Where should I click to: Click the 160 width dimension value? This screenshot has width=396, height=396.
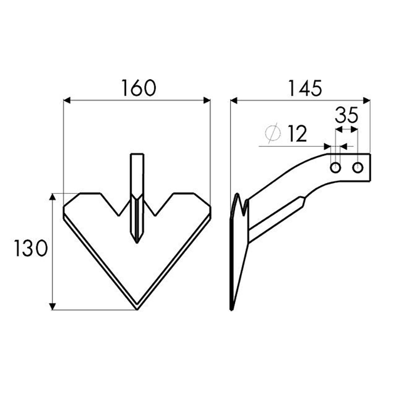click(x=139, y=88)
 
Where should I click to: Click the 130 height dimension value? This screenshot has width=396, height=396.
click(x=31, y=248)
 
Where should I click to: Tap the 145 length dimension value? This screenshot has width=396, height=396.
click(x=305, y=88)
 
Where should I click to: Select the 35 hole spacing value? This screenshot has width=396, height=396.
click(x=346, y=115)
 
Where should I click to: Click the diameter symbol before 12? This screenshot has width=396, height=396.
click(x=273, y=133)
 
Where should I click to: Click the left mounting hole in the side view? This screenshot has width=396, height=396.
click(x=336, y=167)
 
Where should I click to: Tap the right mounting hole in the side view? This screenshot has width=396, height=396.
click(x=357, y=167)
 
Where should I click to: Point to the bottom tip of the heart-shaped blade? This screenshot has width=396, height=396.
click(x=137, y=310)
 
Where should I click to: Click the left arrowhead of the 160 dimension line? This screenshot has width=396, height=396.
click(x=67, y=100)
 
